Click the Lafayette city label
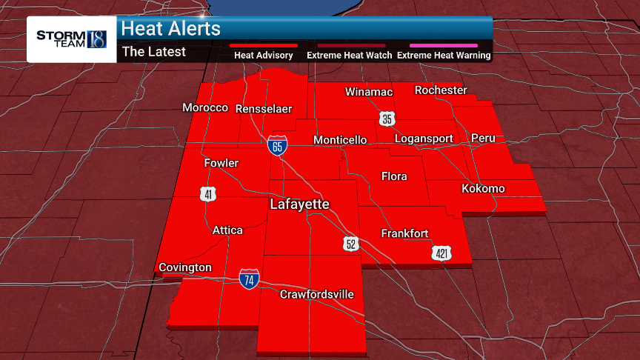(299, 204)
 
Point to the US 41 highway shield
(208, 195)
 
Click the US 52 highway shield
(352, 243)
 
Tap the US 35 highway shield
(387, 119)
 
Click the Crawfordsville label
(316, 295)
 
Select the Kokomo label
(483, 189)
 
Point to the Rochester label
(441, 90)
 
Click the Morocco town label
(205, 108)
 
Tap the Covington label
(185, 267)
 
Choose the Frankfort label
(404, 233)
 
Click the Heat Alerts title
(170, 29)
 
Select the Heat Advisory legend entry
(264, 55)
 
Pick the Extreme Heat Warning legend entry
(444, 55)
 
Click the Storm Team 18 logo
(71, 39)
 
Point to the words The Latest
(153, 52)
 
